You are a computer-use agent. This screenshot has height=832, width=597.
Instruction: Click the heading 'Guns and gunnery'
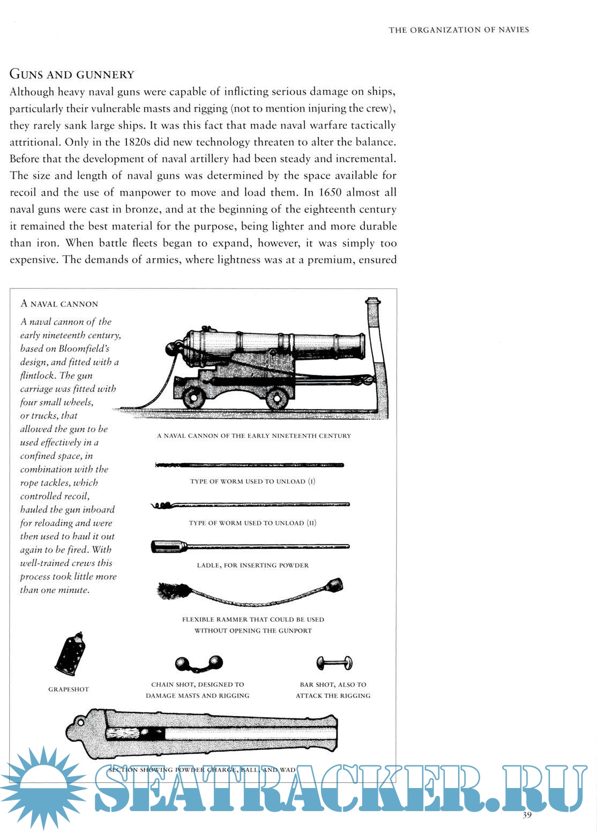72,75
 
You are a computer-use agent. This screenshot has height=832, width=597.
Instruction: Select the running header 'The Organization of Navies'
459,30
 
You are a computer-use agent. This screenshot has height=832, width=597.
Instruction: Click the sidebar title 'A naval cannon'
59,304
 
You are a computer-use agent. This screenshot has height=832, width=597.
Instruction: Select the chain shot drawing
199,664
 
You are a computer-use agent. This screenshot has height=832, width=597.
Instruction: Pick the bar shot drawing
334,663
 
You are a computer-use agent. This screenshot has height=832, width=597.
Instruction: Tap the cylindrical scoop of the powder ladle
168,547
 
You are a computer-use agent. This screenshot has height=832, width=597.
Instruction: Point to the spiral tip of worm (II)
162,506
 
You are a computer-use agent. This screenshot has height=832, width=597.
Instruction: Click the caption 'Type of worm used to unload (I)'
252,481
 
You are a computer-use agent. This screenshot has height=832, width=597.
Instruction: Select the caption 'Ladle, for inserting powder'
252,565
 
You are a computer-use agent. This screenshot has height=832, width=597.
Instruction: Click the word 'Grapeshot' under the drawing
69,689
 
